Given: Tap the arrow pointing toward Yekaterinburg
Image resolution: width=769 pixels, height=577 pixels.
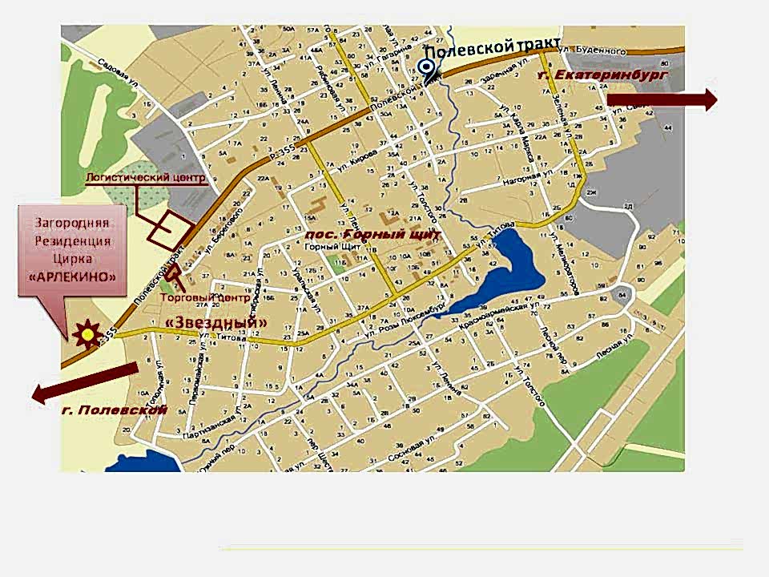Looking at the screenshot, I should point(662,99).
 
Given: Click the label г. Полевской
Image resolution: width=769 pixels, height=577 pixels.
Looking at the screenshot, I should point(114,410).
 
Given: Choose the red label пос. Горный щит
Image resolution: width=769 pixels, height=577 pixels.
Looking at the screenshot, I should point(373,236).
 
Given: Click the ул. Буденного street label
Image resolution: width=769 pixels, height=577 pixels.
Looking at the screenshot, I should point(587,49).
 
